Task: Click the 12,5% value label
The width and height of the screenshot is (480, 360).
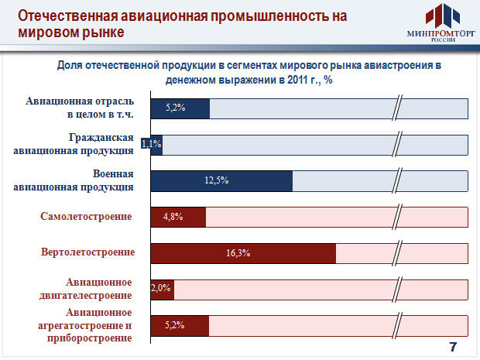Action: [217, 180]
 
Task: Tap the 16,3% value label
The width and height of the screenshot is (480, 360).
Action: [238, 253]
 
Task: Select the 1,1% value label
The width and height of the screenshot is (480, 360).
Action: [151, 143]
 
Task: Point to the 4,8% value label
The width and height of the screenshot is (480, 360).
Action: [173, 217]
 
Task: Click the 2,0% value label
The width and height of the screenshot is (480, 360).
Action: [161, 288]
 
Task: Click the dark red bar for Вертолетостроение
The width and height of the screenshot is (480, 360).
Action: [243, 253]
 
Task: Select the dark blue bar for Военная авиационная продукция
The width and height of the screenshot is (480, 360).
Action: [221, 181]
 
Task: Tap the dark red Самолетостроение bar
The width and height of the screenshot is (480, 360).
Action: [178, 217]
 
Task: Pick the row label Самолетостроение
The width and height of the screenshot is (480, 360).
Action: [86, 217]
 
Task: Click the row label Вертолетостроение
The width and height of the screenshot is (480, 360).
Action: [87, 252]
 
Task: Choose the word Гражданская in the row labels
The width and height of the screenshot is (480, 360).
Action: [101, 138]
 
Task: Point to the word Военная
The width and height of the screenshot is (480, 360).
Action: [113, 174]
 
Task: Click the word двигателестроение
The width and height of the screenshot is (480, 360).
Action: [85, 296]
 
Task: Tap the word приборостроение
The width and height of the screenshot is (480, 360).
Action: [89, 338]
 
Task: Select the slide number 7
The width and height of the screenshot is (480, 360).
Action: [453, 347]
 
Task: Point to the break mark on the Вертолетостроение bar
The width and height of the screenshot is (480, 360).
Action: [396, 253]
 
